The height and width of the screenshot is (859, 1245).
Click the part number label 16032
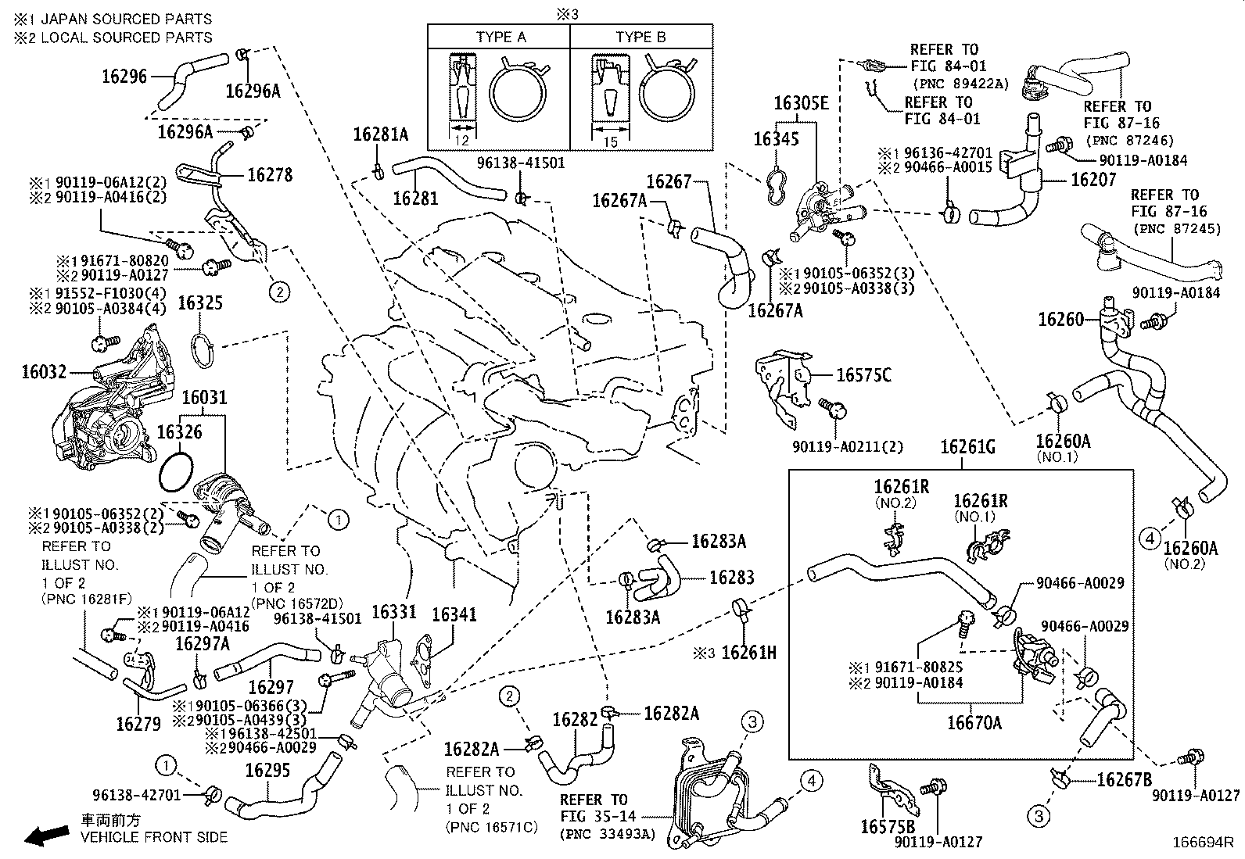[x=44, y=373]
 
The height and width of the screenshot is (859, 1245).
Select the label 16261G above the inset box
[x=967, y=447]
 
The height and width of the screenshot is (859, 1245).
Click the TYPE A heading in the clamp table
[x=501, y=37]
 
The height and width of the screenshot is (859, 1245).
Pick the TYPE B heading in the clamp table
[x=640, y=37]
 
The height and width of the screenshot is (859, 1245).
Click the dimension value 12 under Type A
[x=461, y=141]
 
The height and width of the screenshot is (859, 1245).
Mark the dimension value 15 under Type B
[x=611, y=141]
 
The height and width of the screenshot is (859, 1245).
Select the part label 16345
[x=776, y=139]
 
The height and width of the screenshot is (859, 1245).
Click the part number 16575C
[x=863, y=375]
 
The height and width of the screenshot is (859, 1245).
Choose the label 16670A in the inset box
[x=974, y=723]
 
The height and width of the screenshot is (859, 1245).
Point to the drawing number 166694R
[x=1202, y=843]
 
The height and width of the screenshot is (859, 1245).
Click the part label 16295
[x=267, y=770]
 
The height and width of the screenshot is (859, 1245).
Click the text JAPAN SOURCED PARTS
[x=126, y=19]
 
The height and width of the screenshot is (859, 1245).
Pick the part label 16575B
[x=888, y=825]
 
